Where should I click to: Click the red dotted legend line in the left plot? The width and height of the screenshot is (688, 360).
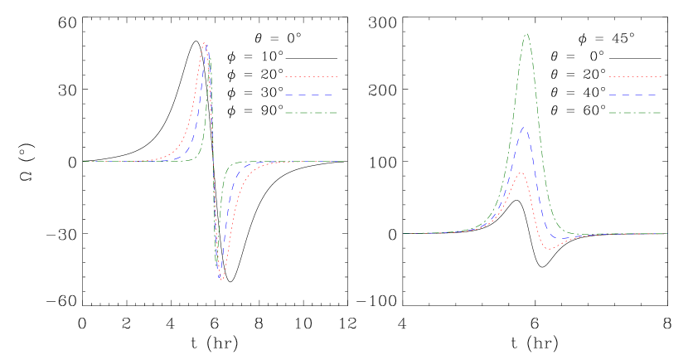coord(311,76)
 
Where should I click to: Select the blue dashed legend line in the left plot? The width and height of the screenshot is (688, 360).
coord(311,95)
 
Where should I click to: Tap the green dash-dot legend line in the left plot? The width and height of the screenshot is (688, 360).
coord(311,113)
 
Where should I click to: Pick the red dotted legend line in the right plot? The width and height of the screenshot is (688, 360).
coord(635,76)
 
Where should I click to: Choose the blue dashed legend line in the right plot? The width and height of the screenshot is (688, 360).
coord(635,95)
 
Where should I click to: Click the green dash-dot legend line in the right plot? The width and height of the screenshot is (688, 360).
coord(635,113)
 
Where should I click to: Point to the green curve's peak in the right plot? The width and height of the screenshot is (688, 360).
coord(526,34)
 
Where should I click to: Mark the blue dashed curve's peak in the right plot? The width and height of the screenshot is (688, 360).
coord(522,127)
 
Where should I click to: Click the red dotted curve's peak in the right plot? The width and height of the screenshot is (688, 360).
coord(521,173)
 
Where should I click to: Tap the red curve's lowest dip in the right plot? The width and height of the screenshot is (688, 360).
coord(550,249)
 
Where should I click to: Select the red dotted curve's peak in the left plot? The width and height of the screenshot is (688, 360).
coord(204,43)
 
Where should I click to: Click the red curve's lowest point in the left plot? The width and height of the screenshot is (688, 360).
coord(221,280)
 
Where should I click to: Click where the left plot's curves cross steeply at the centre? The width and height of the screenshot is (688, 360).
coord(213,161)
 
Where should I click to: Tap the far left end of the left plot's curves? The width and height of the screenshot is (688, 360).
coord(83,161)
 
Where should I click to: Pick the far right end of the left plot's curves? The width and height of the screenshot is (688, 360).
coord(343,161)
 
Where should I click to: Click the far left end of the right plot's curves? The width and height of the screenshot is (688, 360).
coord(403,233)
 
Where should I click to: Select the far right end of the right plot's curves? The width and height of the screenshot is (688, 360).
coord(666,233)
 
